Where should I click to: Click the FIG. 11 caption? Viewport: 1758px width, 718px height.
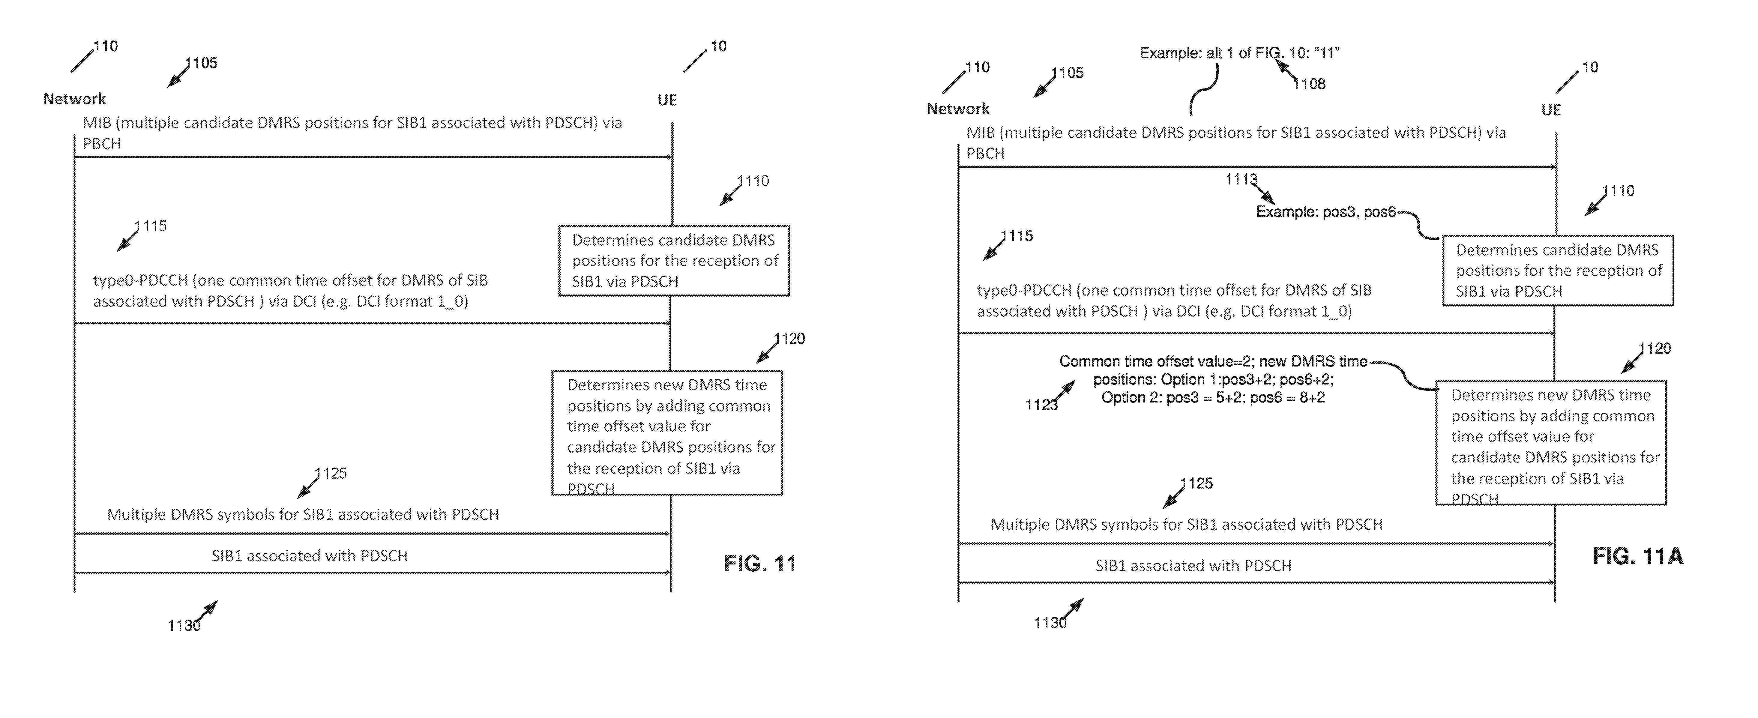pos(759,564)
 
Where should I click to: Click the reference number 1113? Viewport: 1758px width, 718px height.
pos(1241,179)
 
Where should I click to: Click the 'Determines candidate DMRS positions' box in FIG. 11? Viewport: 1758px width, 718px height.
pos(674,261)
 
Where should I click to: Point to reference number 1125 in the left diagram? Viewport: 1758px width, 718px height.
pos(331,473)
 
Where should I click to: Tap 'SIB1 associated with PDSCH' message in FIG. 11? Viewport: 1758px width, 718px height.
pos(310,555)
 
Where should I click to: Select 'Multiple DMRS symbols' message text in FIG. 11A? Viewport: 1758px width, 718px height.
pos(1187,524)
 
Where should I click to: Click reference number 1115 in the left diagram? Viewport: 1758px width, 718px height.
pos(151,226)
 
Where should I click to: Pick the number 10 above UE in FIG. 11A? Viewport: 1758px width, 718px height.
pos(1590,67)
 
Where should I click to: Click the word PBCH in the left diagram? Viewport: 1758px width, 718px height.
pos(102,143)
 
